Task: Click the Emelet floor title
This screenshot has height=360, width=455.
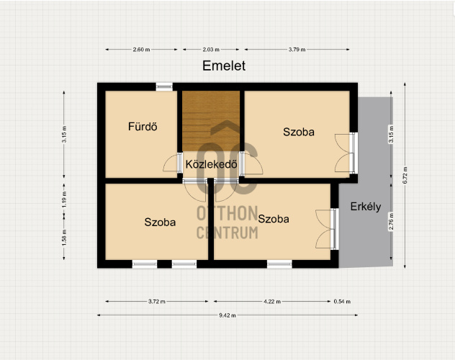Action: (224, 66)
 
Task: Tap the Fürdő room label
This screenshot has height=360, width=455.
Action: (143, 127)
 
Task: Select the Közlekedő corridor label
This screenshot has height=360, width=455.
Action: (211, 164)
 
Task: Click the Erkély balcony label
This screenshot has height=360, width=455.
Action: (366, 207)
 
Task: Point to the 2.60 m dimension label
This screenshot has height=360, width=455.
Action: (141, 50)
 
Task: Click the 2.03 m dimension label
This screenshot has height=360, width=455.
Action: (211, 50)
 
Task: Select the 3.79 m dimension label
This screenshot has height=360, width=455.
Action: (297, 50)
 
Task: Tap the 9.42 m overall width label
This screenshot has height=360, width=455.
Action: (227, 315)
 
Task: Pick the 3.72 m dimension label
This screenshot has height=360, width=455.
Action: (157, 302)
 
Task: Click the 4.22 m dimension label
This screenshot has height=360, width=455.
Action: (272, 302)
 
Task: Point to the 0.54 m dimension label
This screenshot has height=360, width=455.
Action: (342, 302)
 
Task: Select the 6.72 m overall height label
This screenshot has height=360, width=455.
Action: (405, 175)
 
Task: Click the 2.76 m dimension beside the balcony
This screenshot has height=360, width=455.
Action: (391, 222)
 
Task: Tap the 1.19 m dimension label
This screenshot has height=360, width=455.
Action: (64, 199)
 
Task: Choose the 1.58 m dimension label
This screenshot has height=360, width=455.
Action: (64, 238)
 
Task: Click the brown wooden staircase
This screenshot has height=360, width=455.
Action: (211, 121)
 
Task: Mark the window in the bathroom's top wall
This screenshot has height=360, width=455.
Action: (164, 86)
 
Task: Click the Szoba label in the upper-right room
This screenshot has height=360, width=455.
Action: (299, 132)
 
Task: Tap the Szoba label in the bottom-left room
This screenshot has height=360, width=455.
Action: (160, 222)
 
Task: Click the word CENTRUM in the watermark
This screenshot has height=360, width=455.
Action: (227, 233)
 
